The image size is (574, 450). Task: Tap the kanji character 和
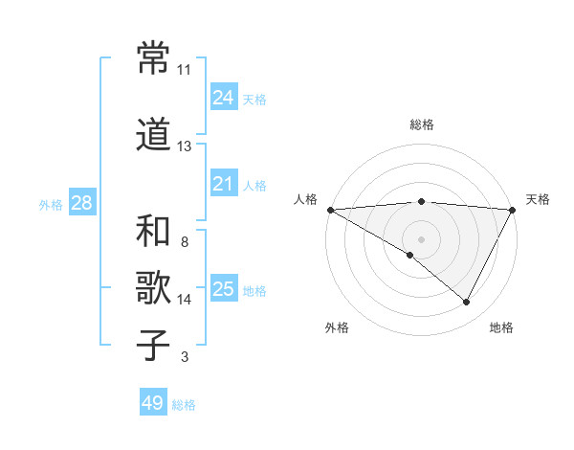(x=154, y=232)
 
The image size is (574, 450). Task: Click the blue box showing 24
(x=223, y=97)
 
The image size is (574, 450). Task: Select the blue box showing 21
(x=223, y=184)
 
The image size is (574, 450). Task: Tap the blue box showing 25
(x=223, y=289)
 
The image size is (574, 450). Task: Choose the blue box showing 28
(x=80, y=203)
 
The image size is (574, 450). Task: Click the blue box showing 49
(x=152, y=403)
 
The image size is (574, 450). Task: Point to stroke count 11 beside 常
(x=185, y=70)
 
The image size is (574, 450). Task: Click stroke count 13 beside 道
(x=185, y=146)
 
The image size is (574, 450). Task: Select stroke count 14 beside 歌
(x=185, y=300)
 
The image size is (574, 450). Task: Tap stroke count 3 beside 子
(x=185, y=357)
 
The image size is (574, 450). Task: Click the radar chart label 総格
(x=422, y=124)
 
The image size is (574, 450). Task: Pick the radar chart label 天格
(x=538, y=199)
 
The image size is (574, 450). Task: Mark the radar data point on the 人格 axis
(x=330, y=209)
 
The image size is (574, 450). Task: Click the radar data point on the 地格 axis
(x=467, y=302)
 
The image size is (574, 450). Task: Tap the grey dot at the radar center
(x=421, y=238)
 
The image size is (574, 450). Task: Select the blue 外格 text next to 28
(x=51, y=204)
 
